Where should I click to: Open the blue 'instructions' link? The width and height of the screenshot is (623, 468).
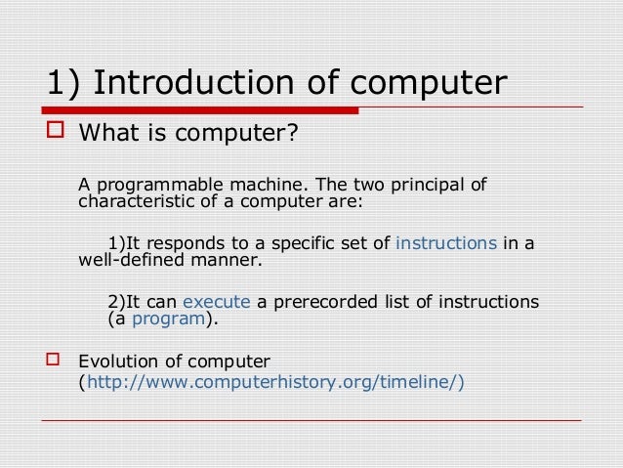446,243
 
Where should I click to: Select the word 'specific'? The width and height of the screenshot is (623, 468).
291,243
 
